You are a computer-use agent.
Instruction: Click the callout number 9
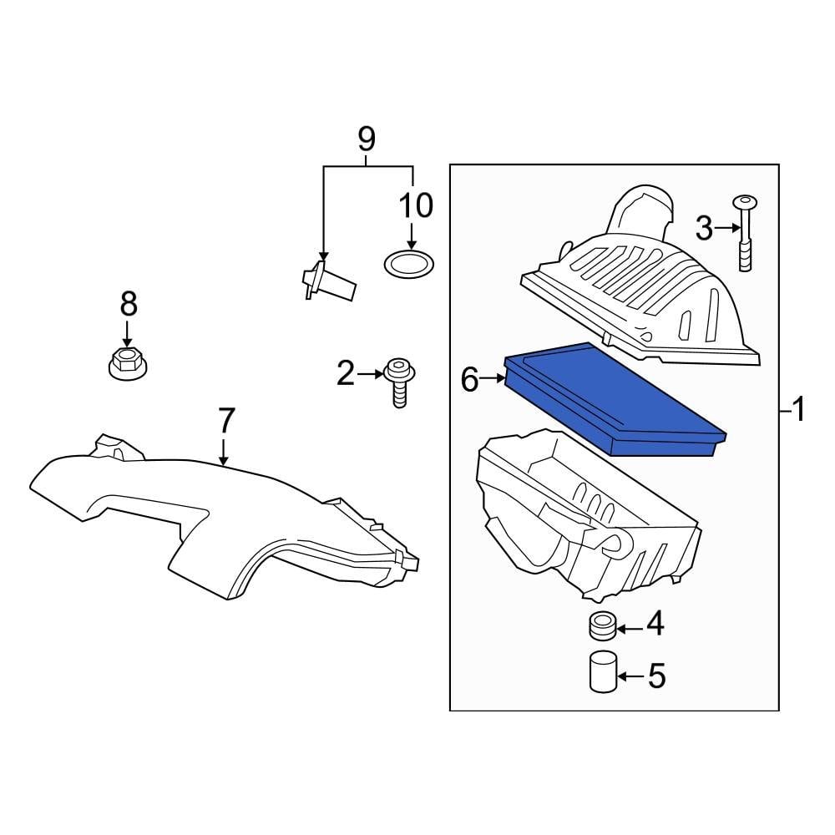click(367, 139)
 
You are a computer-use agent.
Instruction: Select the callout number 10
click(416, 205)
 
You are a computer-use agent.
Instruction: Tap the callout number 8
click(128, 304)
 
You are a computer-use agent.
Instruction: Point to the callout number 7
click(226, 419)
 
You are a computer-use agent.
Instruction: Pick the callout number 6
click(470, 381)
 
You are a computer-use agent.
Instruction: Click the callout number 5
click(657, 676)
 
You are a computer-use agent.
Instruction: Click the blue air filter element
click(614, 399)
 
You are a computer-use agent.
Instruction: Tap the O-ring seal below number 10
click(409, 265)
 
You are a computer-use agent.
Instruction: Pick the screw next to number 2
click(398, 382)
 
